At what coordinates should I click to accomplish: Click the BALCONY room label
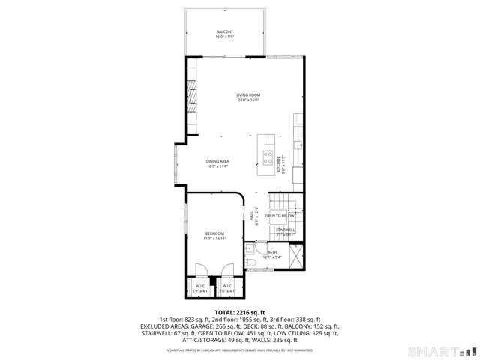tap(225, 32)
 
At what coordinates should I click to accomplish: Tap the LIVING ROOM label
tap(247, 95)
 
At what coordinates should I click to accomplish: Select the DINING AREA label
tap(217, 162)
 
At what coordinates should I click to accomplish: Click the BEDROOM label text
tap(214, 234)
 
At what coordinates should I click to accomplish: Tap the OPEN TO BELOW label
tap(280, 216)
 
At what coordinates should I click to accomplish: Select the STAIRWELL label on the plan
tap(285, 229)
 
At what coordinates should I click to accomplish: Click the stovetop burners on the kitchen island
tap(267, 157)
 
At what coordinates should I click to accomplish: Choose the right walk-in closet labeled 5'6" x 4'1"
tap(227, 287)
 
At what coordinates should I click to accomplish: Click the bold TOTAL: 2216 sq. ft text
tap(240, 312)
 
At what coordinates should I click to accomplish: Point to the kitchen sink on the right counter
tap(298, 144)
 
